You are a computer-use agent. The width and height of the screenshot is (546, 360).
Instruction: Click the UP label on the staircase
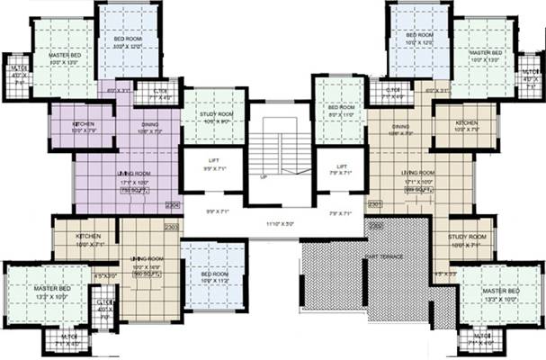pos(263,177)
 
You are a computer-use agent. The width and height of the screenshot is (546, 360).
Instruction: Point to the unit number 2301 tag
pos(374,204)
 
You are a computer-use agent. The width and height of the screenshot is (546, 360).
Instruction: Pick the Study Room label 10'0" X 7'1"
pos(467,240)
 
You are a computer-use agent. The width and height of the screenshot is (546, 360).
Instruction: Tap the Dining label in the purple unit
pos(149,126)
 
